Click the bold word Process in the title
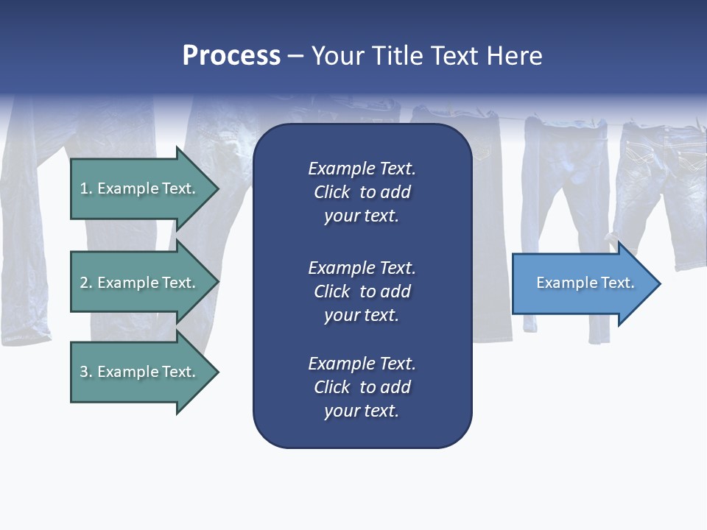[x=231, y=56]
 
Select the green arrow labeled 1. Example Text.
[x=140, y=188]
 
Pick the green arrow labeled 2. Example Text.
[x=140, y=283]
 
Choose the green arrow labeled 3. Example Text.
[x=140, y=372]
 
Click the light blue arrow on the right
[x=582, y=283]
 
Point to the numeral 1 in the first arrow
[x=84, y=188]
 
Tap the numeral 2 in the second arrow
[x=84, y=283]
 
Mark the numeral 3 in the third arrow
[x=84, y=372]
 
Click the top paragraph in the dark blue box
[x=362, y=192]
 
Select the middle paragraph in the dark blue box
[x=362, y=291]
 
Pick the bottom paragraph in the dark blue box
[x=362, y=387]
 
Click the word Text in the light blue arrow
[x=617, y=283]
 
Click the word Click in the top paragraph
[x=331, y=192]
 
